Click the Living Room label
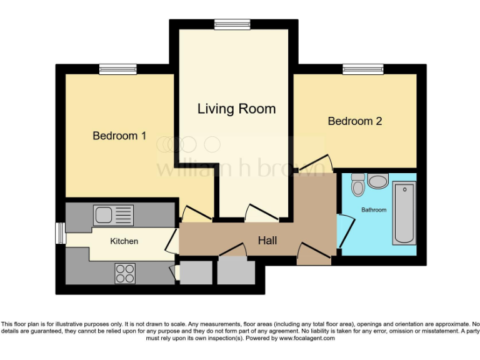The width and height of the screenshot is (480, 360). [x=236, y=109]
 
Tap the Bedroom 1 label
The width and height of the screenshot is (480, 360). [x=119, y=135]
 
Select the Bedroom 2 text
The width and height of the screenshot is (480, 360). [x=354, y=121]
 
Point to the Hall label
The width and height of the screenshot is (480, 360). [x=267, y=240]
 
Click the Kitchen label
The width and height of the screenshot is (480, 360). [x=124, y=241]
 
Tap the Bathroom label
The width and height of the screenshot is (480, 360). [x=374, y=210]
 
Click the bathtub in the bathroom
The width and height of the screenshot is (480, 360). [x=404, y=214]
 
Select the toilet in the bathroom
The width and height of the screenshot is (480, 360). [x=358, y=184]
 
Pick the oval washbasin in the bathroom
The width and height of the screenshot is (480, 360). [x=377, y=181]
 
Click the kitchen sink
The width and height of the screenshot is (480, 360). [x=113, y=215]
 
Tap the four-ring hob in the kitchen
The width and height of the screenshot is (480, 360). [x=125, y=272]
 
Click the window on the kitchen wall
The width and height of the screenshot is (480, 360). [x=60, y=233]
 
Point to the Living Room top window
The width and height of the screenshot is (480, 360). [x=232, y=24]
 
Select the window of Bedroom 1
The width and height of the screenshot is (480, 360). [x=117, y=69]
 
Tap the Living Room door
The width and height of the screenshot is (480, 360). [x=261, y=212]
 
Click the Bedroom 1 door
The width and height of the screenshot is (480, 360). [x=195, y=214]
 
